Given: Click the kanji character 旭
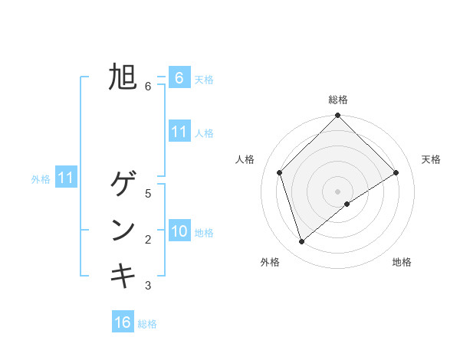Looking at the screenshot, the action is click(x=123, y=77).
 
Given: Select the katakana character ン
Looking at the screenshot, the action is click(x=123, y=231).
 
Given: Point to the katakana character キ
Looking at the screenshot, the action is click(x=123, y=276).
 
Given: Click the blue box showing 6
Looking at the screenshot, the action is click(x=179, y=77).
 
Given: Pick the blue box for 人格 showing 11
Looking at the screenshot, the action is click(x=179, y=132).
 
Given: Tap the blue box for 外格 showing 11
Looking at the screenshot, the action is click(x=66, y=178).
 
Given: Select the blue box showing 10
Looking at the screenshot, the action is click(x=179, y=231).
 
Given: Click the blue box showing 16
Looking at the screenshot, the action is click(x=123, y=322).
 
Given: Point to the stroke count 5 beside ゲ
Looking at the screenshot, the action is click(x=148, y=194).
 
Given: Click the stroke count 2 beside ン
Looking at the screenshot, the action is click(x=148, y=240).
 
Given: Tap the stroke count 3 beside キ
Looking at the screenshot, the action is click(x=148, y=286).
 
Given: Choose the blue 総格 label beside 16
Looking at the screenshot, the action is click(x=147, y=324).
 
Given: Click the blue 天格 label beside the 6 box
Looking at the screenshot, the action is click(x=204, y=79).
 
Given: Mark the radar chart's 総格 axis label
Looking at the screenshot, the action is click(x=337, y=100).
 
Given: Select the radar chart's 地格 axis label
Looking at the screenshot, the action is click(x=402, y=262).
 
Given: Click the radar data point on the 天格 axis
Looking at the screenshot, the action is click(x=396, y=172).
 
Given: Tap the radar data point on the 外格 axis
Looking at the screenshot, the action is click(x=301, y=242).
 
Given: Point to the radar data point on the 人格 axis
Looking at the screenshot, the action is click(x=279, y=172).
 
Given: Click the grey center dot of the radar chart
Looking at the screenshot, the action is click(x=337, y=191).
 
